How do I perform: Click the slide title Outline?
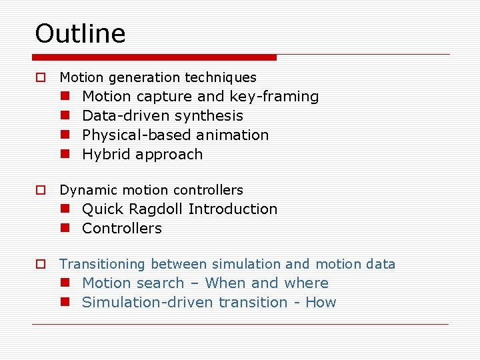tap(80, 33)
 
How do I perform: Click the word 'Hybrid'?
tap(105, 155)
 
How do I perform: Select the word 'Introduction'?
tap(233, 209)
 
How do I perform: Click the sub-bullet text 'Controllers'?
tap(122, 229)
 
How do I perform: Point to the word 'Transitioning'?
tap(103, 265)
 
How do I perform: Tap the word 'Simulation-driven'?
tap(142, 303)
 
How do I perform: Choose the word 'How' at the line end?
tap(321, 303)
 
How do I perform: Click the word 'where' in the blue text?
tap(306, 283)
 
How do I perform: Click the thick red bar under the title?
tap(155, 57)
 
